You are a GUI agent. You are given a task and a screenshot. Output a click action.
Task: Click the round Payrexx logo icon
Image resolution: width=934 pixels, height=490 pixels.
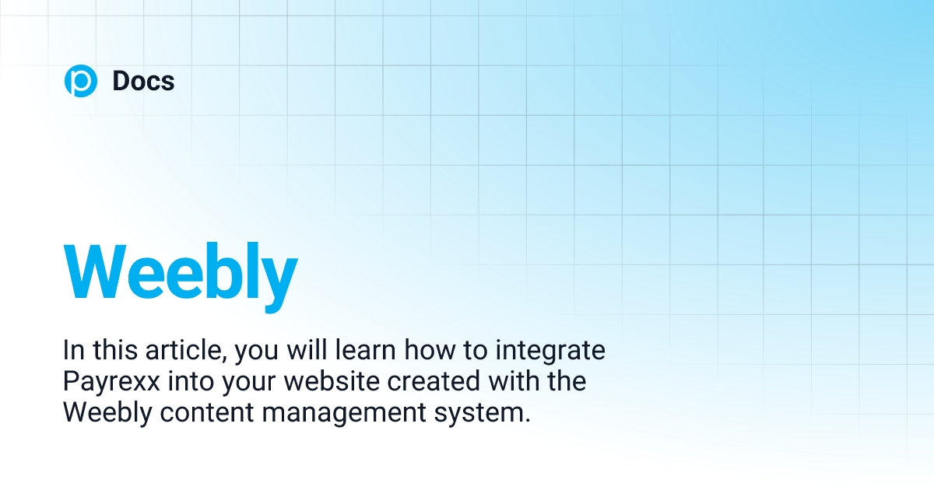(x=80, y=82)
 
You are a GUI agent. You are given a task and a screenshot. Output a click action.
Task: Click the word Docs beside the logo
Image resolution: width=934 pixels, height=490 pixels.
(x=143, y=81)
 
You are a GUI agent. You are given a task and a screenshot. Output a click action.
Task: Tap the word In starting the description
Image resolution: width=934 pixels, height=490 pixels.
(x=73, y=351)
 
